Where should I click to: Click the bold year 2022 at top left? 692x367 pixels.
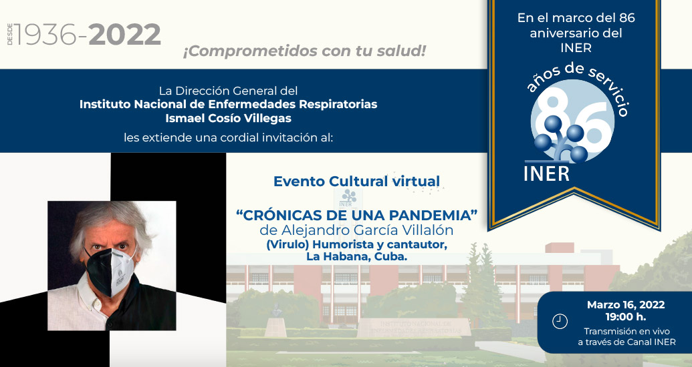[x=125, y=35]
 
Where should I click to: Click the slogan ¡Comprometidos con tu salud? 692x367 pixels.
[x=304, y=51]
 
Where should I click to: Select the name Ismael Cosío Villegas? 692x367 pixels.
[x=228, y=117]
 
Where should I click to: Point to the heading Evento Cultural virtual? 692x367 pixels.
[x=356, y=181]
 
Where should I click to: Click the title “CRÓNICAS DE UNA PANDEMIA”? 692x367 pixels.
[x=358, y=216]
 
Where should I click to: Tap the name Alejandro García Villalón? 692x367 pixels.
[x=375, y=230]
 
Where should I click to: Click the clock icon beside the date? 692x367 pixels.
[x=560, y=322]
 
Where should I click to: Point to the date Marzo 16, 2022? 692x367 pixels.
[x=626, y=305]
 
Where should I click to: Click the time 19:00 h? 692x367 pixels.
[x=626, y=317]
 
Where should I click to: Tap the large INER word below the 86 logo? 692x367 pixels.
[x=547, y=173]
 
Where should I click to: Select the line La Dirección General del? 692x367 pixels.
[x=228, y=90]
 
